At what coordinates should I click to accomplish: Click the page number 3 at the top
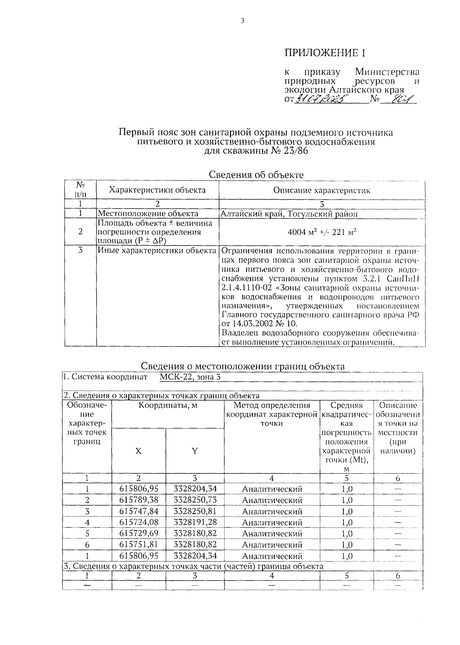[x=242, y=21]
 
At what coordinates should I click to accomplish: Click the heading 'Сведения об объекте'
[x=256, y=175]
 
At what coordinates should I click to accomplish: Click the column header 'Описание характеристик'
[x=322, y=190]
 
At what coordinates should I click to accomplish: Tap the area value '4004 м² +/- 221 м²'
[x=322, y=232]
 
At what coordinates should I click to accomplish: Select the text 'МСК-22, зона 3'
[x=190, y=377]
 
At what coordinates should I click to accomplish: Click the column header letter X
[x=138, y=451]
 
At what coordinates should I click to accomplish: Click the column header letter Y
[x=195, y=451]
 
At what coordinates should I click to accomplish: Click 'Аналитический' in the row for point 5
[x=272, y=533]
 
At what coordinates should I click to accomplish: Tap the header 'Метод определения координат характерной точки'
[x=271, y=414]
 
